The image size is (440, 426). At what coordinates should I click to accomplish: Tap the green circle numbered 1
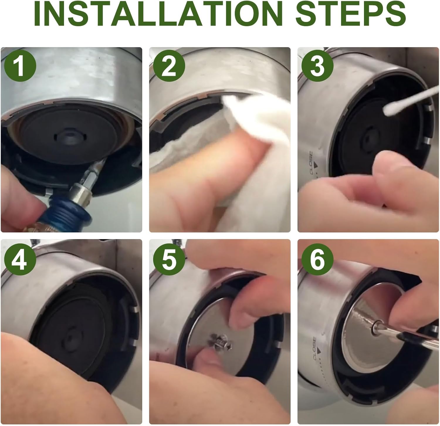click(20, 65)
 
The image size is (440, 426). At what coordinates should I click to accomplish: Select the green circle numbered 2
click(169, 65)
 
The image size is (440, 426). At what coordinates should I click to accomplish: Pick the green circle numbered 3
click(317, 65)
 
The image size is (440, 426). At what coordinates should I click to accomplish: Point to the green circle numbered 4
click(20, 259)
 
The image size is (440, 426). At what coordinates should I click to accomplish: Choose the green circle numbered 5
click(169, 259)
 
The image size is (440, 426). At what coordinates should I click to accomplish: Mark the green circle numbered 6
click(317, 259)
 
